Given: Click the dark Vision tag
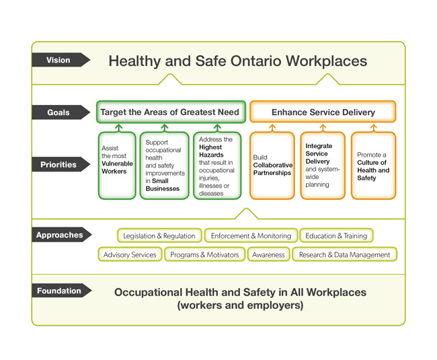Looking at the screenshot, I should click(59, 60).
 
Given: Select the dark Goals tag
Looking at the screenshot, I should click(59, 112).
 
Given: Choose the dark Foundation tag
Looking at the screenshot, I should click(59, 291).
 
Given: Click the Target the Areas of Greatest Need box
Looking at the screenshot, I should click(169, 112).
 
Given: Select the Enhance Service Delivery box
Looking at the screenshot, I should click(323, 112).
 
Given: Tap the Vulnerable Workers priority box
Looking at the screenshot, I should click(118, 165).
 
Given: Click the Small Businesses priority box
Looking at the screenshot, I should click(164, 165).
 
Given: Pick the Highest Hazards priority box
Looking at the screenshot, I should click(216, 165).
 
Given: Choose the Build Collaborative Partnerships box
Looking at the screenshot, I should click(272, 165).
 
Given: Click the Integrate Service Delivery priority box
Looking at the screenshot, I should click(322, 165).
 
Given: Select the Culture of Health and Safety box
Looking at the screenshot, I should click(373, 165).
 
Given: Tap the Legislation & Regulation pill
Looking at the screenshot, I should click(159, 236).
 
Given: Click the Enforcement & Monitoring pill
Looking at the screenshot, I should click(251, 236).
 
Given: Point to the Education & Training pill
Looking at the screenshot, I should click(336, 236).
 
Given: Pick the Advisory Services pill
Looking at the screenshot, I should click(130, 254).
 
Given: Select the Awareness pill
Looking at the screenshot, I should click(268, 254).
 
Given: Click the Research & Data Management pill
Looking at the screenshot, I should click(344, 254).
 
